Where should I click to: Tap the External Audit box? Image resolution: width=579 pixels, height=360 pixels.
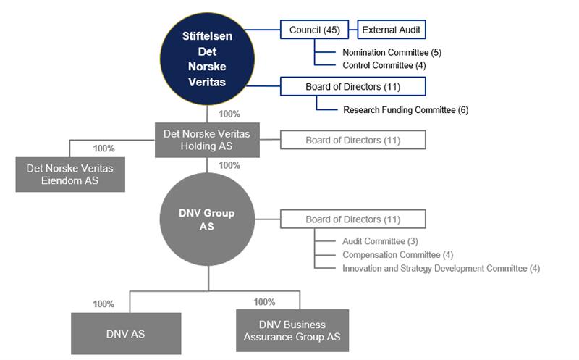pos(391,30)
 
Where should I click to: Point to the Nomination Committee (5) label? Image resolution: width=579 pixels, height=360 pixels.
pos(392,52)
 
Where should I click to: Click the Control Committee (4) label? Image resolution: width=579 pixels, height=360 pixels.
pos(389,65)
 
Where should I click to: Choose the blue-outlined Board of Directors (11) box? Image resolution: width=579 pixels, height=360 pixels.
pos(352,87)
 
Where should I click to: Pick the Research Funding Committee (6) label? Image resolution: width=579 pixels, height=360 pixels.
pos(405,110)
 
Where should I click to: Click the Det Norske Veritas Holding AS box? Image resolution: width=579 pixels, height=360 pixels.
pos(207,140)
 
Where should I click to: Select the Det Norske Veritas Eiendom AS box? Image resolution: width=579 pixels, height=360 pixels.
pos(69,174)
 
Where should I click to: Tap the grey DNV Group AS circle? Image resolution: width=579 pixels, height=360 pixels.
pos(207,219)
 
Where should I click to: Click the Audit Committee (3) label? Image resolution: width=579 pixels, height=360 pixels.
pos(380,241)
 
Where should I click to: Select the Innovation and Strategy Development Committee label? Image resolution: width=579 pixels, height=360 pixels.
pos(441,269)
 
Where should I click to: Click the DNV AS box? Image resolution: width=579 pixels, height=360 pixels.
pos(126,333)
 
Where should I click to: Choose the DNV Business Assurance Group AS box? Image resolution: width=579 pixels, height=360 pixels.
pos(292,330)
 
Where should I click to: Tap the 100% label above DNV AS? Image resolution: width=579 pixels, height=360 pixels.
pos(103,304)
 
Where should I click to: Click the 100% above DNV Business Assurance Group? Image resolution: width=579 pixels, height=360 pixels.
pos(264,302)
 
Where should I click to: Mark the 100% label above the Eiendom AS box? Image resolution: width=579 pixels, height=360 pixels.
pos(103,148)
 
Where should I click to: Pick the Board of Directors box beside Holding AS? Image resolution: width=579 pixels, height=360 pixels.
pos(352,140)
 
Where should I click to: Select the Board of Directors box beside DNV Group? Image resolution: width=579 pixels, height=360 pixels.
pos(352,219)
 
